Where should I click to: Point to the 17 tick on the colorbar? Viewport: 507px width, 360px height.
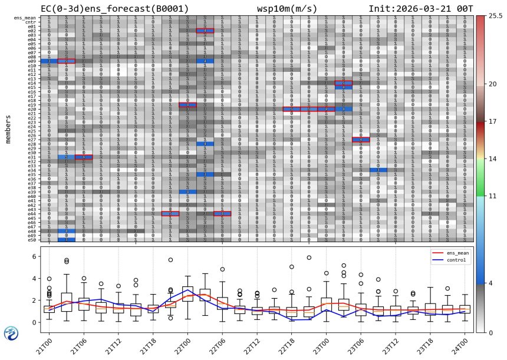pyautogui.click(x=490, y=121)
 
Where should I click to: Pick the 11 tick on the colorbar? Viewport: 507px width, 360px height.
pyautogui.click(x=490, y=196)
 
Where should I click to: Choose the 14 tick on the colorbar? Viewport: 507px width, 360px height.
pyautogui.click(x=490, y=159)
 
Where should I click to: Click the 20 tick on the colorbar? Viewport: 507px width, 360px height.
pyautogui.click(x=490, y=84)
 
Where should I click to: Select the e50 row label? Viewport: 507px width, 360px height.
pyautogui.click(x=32, y=240)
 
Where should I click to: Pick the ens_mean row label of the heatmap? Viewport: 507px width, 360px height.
pyautogui.click(x=28, y=18)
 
